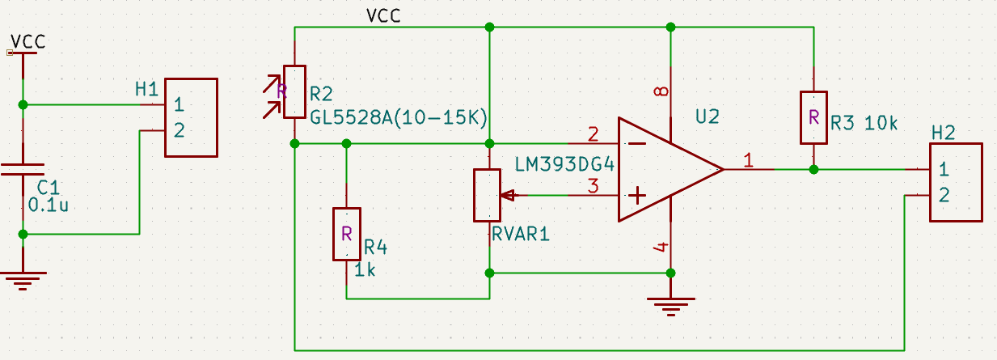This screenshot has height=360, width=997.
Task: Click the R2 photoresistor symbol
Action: click(295, 93)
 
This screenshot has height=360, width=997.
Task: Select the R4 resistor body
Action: click(346, 234)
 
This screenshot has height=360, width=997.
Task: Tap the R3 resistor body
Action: click(813, 117)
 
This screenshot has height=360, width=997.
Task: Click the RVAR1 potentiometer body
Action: click(489, 195)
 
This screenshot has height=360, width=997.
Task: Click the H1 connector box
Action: click(191, 117)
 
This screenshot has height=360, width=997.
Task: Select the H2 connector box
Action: click(955, 182)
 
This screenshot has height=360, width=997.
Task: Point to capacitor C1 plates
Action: click(23, 169)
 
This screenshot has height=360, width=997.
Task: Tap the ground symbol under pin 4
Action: click(670, 305)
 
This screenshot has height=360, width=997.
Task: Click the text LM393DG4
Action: click(565, 165)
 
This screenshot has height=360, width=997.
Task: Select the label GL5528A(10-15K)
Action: click(398, 118)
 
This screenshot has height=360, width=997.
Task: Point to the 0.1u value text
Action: click(47, 205)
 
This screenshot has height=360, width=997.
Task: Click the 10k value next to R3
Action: click(881, 124)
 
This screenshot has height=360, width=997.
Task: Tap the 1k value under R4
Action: click(365, 269)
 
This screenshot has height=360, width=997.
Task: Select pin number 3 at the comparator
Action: click(593, 186)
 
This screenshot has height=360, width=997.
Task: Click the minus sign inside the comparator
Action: click(637, 144)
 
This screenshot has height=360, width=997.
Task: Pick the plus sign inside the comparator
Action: click(637, 195)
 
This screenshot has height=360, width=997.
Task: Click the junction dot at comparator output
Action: click(813, 169)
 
